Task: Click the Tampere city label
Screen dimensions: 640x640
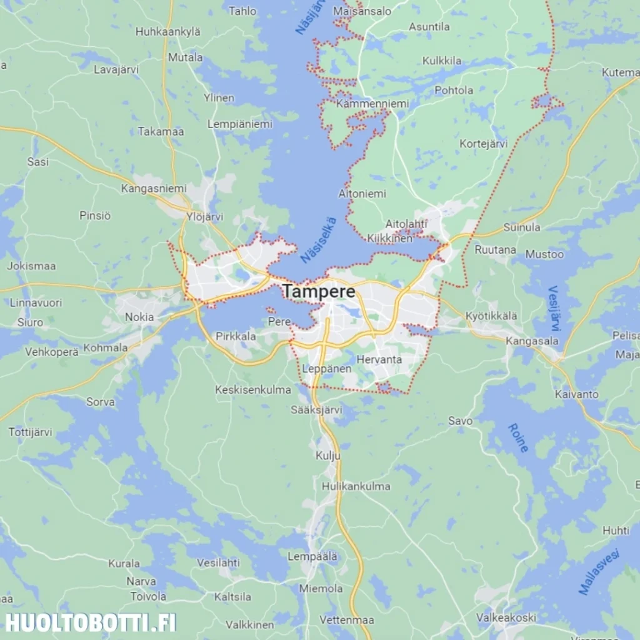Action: (x=319, y=291)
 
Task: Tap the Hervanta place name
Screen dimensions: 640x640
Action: (x=379, y=359)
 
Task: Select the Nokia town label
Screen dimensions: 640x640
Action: (x=139, y=317)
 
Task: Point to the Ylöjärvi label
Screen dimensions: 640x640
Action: (x=204, y=217)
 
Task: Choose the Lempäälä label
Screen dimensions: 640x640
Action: (x=312, y=556)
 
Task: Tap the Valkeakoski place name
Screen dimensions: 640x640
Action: (x=506, y=617)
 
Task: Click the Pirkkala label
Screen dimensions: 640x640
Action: (x=236, y=336)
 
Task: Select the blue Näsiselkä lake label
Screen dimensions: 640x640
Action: (x=318, y=239)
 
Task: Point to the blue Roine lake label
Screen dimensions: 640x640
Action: (x=518, y=437)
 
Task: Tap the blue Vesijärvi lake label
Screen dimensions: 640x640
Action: (x=554, y=309)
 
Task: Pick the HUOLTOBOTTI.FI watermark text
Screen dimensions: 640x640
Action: (x=91, y=622)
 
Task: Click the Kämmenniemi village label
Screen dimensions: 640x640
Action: (x=372, y=104)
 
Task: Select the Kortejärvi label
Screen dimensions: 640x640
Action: (x=483, y=144)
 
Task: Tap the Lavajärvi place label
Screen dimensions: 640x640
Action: (x=116, y=69)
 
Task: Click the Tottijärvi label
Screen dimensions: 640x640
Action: (x=31, y=432)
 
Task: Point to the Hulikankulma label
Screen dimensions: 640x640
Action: (x=356, y=486)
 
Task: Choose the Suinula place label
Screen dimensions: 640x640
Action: (x=522, y=227)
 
